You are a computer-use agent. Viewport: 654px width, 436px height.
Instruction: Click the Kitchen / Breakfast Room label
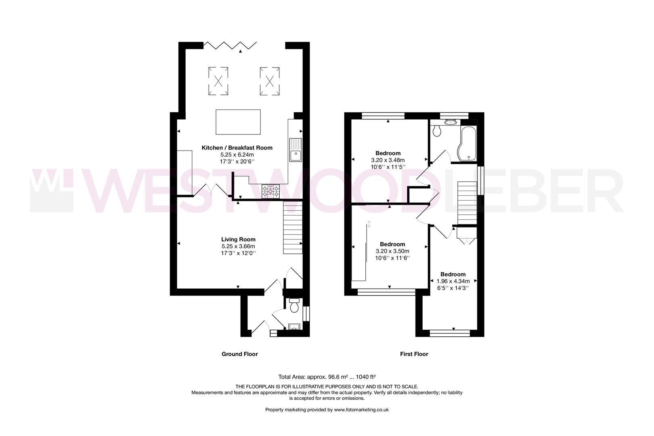coord(237,148)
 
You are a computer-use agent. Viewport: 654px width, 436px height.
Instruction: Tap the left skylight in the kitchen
coord(218,81)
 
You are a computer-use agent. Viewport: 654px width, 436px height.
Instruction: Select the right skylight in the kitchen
coord(269,81)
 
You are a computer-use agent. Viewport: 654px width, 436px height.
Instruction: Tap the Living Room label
coord(238,239)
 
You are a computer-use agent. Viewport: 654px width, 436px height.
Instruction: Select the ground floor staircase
coord(293,228)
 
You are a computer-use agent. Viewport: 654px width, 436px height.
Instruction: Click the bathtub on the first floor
coord(467,143)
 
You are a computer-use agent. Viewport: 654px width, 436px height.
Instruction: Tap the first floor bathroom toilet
coord(436,130)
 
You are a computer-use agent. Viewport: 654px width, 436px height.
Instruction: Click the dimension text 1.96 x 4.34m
coord(453,281)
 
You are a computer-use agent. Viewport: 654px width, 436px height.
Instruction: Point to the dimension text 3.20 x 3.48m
coord(388,160)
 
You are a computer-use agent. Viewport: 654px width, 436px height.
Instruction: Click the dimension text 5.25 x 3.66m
coord(238,246)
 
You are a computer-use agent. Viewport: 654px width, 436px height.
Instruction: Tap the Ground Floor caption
coord(239,354)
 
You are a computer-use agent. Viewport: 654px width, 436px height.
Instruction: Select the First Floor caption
coord(414,354)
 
